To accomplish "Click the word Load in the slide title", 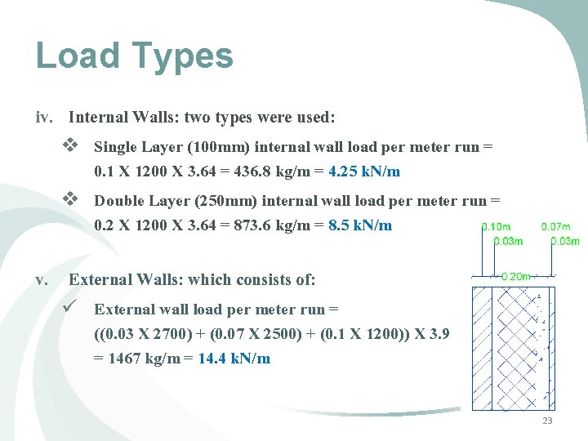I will click(77, 56).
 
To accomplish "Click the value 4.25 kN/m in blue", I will click(363, 172).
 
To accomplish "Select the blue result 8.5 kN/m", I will click(359, 225).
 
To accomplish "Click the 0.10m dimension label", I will click(497, 227).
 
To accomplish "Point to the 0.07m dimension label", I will click(555, 227).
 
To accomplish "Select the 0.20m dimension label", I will click(515, 277).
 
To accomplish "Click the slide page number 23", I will click(547, 421).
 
